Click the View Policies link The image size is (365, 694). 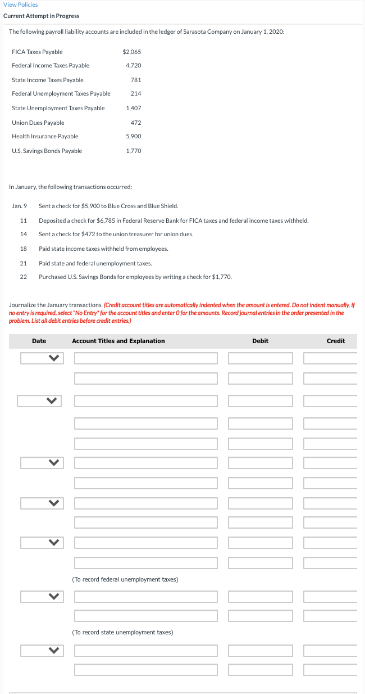[21, 4]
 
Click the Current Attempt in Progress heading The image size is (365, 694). [42, 16]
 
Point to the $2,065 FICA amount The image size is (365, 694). [131, 52]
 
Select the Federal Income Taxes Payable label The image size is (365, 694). [51, 66]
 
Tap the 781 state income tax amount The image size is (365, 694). [135, 80]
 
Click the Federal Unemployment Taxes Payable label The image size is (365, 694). [61, 94]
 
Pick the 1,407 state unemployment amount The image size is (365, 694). [134, 108]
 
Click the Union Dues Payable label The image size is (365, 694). [38, 123]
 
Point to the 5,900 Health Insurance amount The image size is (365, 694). [134, 137]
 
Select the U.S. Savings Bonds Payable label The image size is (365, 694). [47, 151]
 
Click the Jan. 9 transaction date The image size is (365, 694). [20, 206]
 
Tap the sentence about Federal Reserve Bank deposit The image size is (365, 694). [174, 220]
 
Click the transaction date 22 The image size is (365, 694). [24, 277]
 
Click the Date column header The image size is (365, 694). [39, 341]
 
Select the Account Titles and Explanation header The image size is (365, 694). [118, 341]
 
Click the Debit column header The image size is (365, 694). [260, 341]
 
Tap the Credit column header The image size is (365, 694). [335, 341]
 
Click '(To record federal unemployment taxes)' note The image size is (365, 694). [125, 579]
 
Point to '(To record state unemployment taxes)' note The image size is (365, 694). [122, 633]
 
